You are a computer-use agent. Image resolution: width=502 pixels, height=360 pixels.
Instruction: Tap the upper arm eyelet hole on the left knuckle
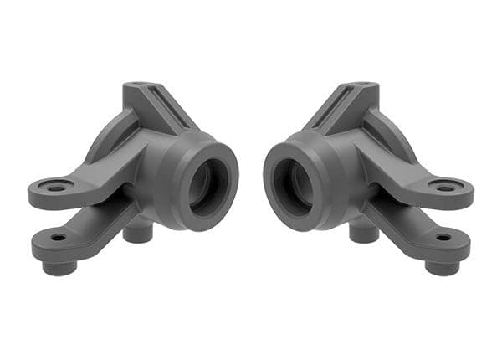click(56, 188)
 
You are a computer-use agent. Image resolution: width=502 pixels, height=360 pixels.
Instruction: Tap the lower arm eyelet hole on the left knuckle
click(59, 238)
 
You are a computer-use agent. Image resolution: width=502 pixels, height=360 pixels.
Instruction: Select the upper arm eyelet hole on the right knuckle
click(446, 188)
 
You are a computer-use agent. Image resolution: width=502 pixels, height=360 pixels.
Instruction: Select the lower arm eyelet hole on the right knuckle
click(443, 238)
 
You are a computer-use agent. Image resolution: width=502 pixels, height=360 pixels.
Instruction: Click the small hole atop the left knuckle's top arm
click(138, 85)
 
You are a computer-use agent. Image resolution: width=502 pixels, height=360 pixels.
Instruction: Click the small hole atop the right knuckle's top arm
click(363, 85)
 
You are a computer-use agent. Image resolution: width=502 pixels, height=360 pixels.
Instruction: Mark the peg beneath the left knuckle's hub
click(138, 232)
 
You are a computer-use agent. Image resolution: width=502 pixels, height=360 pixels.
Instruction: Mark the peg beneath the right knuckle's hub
click(363, 232)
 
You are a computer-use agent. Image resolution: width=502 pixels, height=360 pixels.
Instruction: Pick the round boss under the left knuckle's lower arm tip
click(59, 266)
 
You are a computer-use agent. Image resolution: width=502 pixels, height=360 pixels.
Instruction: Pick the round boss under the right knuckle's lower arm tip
click(442, 266)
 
